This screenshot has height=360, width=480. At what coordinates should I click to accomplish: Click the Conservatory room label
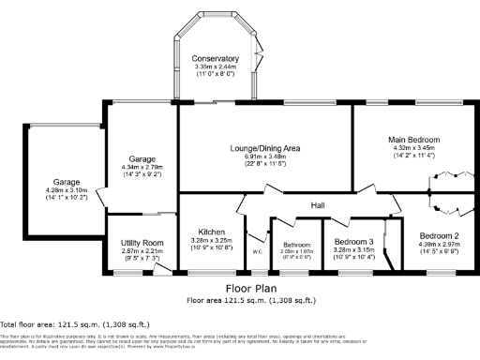coord(216,58)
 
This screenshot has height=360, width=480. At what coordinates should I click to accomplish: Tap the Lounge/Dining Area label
coord(264,148)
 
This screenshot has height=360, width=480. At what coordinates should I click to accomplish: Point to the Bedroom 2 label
coord(438,235)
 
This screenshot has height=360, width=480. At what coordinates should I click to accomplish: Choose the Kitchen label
coord(210,231)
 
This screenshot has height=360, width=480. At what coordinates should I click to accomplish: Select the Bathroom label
coord(295,244)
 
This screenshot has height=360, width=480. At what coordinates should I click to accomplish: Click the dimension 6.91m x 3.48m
coord(264,157)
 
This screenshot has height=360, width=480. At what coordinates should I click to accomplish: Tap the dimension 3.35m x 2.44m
coord(216,67)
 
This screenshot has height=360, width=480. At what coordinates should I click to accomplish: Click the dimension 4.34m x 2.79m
coord(142,167)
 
